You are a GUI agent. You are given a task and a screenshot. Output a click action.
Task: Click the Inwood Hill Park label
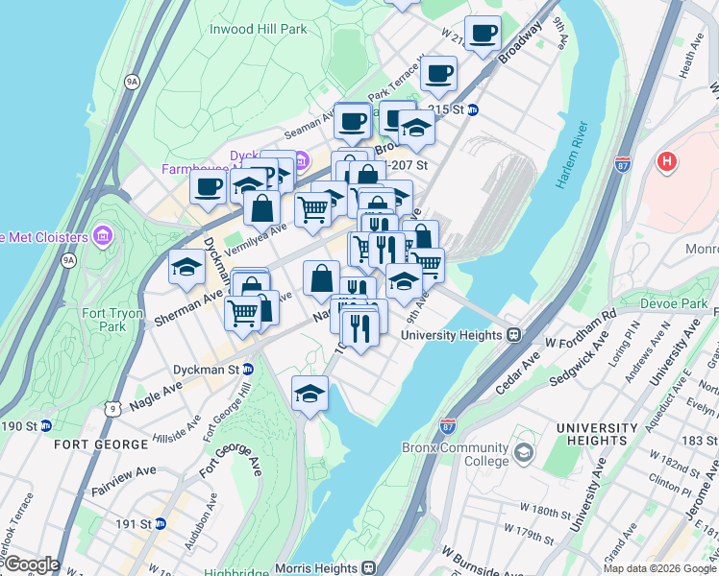click(x=259, y=30)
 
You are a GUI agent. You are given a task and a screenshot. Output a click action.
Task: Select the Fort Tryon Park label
click(x=104, y=319)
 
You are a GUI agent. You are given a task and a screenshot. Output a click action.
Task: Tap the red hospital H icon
click(x=666, y=161)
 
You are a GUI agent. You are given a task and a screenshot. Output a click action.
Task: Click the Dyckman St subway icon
click(x=248, y=369)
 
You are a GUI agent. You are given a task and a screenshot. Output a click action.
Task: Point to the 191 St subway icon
click(x=161, y=524)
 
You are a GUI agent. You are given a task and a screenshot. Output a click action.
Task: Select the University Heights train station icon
click(x=514, y=335)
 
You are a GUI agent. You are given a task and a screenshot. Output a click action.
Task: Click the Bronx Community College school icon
click(x=525, y=452)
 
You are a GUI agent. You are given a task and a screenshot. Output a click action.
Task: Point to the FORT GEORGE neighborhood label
click(x=101, y=444)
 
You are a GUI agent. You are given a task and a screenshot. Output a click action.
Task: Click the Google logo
click(x=31, y=564)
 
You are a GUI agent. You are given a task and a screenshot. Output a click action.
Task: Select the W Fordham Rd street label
click(x=581, y=329)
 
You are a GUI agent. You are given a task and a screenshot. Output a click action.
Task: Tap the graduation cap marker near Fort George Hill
click(x=309, y=393)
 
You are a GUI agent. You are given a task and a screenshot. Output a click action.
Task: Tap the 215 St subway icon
click(x=473, y=109)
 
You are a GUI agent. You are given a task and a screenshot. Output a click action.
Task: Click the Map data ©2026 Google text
click(x=658, y=568)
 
